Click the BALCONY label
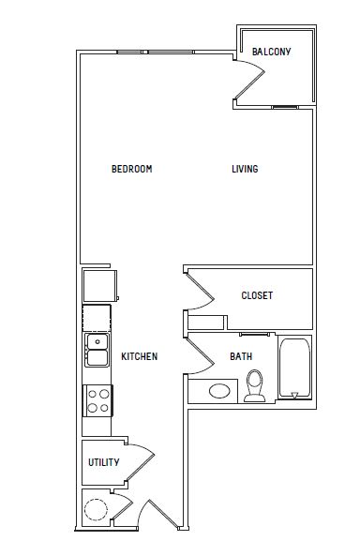coord(271,52)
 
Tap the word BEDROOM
coord(131,169)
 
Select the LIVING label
coord(245,169)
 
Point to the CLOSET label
coord(257,295)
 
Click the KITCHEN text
coord(140,356)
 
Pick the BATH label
coord(241,356)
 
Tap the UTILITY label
coord(103,462)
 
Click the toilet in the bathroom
coord(255,385)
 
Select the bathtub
coord(294,368)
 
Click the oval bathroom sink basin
coord(219,391)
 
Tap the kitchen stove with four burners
coord(97,400)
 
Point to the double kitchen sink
coord(97,350)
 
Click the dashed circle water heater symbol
coord(96,509)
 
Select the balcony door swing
coord(249,79)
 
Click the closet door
coord(200,291)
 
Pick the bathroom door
coord(200,355)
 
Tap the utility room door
coord(141,462)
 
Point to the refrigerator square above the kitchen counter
coord(100,286)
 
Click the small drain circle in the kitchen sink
coord(97,342)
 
